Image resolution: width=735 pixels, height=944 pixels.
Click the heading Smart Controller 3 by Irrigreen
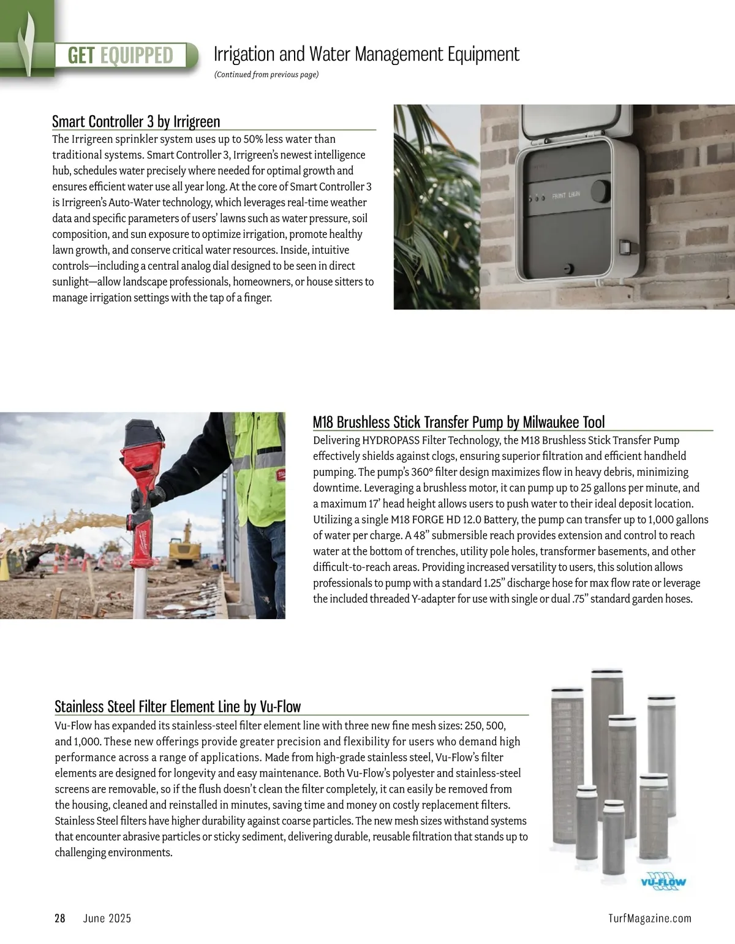click(136, 121)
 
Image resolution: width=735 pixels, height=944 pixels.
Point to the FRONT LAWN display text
click(566, 196)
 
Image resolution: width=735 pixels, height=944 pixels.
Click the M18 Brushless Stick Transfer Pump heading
click(458, 422)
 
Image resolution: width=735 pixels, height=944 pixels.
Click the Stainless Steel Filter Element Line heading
click(178, 706)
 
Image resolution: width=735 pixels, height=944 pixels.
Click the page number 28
click(60, 918)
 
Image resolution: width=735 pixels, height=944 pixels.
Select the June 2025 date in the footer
click(107, 918)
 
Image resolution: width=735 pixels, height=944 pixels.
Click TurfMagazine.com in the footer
click(650, 918)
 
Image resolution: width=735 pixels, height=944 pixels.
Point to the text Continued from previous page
click(266, 75)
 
